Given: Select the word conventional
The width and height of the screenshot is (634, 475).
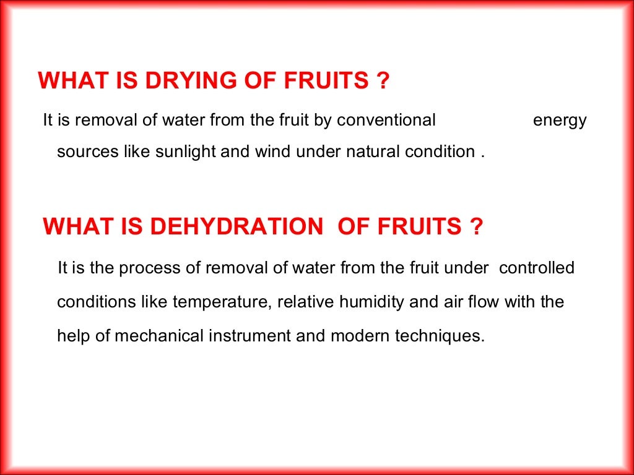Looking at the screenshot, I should [x=386, y=120].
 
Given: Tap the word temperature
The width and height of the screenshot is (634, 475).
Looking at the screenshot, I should [x=221, y=303].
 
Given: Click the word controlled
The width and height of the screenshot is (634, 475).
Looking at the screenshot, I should [x=537, y=268].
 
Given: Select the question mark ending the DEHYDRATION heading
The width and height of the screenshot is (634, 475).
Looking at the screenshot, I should [x=475, y=228].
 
